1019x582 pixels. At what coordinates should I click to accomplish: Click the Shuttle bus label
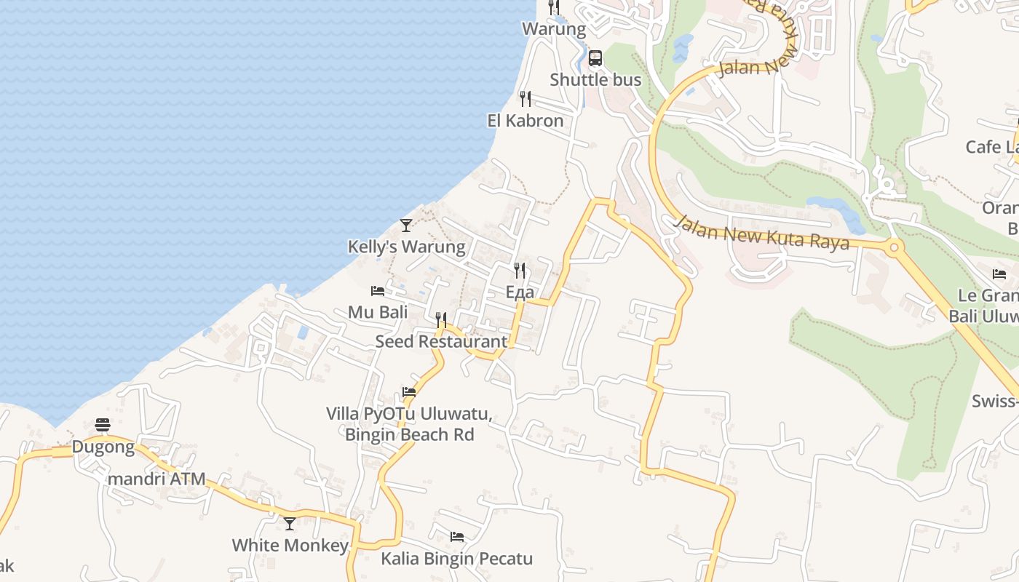pos(595,80)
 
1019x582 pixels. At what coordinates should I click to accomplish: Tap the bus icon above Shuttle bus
pos(595,58)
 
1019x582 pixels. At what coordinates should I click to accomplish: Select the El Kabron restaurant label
pos(525,121)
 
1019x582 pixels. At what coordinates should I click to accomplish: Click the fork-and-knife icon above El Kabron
pos(525,98)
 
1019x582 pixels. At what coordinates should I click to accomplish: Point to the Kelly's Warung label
pos(406,247)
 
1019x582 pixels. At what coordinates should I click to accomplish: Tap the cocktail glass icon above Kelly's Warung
pos(406,226)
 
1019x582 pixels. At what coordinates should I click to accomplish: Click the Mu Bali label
pos(377,312)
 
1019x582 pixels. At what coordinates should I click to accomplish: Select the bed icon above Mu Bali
pos(377,291)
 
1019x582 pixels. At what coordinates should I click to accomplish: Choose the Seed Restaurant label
pos(441,341)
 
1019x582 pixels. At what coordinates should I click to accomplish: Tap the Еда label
pos(520,292)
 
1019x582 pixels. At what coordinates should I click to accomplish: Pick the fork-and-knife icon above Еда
pos(520,271)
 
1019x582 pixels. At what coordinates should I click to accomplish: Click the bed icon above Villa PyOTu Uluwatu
pos(409,391)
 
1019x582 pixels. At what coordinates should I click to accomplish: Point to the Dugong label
pos(103,447)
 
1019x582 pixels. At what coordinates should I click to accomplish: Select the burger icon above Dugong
pos(103,425)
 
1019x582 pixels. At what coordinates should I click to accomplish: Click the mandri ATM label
pos(156,479)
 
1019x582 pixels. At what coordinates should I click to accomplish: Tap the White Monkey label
pos(290,545)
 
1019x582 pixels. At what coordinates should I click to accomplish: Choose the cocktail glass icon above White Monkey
pos(290,523)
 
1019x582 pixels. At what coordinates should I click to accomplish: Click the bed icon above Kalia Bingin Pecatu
pos(457,537)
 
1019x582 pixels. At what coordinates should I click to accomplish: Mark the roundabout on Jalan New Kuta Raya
pos(894,247)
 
